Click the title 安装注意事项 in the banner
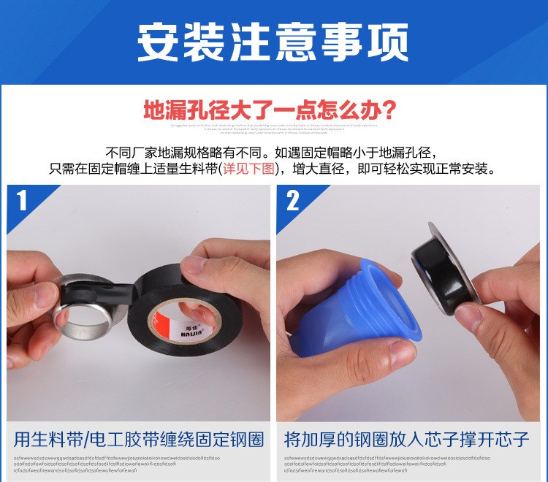click(273, 42)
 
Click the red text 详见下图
click(250, 169)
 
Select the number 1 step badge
click(22, 200)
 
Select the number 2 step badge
click(292, 200)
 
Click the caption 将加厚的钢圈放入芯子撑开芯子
click(406, 440)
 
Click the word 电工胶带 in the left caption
click(118, 440)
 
